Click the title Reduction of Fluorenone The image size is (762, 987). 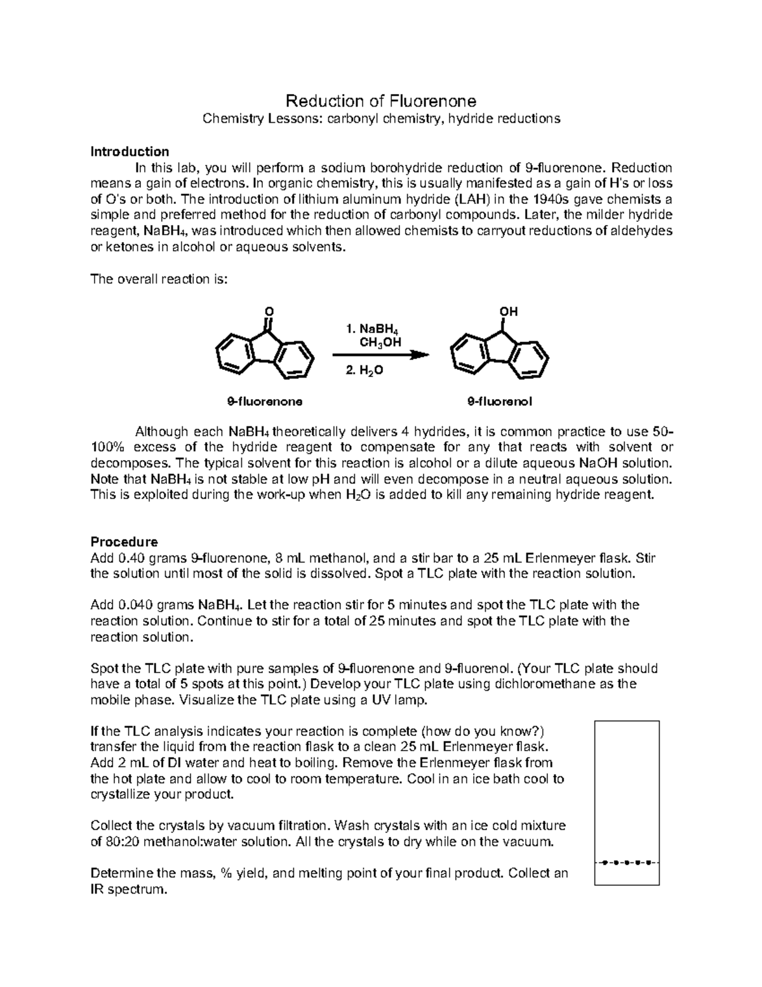380,101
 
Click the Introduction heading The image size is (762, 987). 130,151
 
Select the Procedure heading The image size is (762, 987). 124,542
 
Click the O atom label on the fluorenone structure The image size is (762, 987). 269,311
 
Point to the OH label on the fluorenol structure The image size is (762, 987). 508,311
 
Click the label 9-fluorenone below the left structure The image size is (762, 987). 265,402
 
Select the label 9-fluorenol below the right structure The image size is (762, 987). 500,402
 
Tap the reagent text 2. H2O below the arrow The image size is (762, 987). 364,371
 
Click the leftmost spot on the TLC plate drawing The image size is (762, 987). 606,862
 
